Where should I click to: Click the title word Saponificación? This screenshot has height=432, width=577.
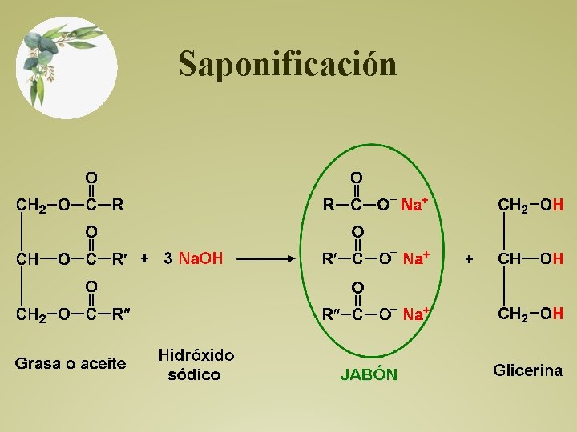click(287, 64)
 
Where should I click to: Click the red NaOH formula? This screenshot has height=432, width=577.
click(200, 258)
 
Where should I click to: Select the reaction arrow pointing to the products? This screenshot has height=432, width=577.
click(268, 258)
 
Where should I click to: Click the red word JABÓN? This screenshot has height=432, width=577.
click(369, 374)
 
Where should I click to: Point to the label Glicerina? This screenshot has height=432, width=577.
click(528, 370)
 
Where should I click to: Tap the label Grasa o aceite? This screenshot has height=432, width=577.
click(71, 364)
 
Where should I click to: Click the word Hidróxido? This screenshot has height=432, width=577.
click(196, 354)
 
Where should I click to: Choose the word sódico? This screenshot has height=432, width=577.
click(194, 374)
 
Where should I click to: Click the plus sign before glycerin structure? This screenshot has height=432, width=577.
click(469, 258)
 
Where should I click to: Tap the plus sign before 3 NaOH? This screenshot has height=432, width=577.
click(144, 258)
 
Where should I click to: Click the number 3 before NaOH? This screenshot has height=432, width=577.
click(167, 258)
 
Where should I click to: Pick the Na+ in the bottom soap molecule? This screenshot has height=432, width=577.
click(416, 314)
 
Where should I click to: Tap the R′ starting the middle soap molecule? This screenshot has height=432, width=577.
click(329, 258)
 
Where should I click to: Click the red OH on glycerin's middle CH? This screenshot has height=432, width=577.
click(551, 258)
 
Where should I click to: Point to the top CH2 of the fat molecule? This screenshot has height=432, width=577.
click(31, 205)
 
